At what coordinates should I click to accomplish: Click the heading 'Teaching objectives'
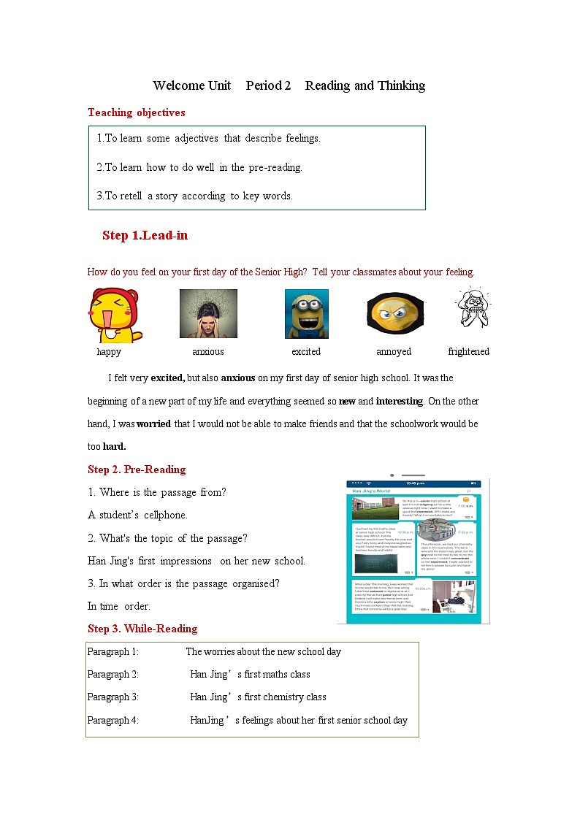[137, 112]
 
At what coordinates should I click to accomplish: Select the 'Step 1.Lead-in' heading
[145, 235]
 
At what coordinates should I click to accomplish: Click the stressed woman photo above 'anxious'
[208, 313]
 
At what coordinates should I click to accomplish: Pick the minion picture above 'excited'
[306, 314]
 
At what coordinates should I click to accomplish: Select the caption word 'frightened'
[468, 352]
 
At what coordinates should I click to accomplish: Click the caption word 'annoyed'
[394, 352]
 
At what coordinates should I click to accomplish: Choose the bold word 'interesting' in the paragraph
[399, 401]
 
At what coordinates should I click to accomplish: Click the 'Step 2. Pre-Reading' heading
[137, 470]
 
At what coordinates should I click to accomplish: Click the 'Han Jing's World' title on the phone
[372, 491]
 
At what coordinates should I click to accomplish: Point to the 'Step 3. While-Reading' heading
[142, 629]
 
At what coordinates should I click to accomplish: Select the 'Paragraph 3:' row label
[113, 697]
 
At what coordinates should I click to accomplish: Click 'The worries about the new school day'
[263, 651]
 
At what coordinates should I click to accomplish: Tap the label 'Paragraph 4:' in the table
[113, 720]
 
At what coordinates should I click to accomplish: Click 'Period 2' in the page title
[268, 85]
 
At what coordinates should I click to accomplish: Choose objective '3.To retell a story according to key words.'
[194, 196]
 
